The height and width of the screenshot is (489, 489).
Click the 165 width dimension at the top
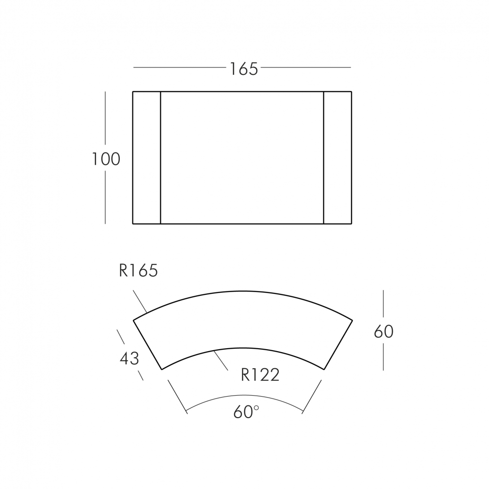[244, 69]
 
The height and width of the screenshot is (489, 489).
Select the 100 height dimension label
[106, 159]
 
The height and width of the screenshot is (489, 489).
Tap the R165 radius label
[138, 270]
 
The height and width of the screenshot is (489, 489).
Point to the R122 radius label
[260, 375]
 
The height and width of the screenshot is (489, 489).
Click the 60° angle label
[246, 412]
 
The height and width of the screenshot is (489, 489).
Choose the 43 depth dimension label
[130, 358]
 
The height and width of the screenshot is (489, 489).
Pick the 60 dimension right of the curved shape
[383, 332]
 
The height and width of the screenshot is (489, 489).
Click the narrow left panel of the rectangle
[147, 157]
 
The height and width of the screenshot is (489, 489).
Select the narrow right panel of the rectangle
[337, 157]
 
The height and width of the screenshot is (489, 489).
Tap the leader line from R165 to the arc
[140, 301]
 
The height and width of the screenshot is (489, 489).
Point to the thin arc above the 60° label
[244, 395]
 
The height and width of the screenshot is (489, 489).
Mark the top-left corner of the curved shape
[134, 320]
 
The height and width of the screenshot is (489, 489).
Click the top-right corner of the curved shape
[352, 320]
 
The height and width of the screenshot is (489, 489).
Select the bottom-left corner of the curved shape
[162, 369]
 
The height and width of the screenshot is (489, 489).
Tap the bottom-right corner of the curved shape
[324, 369]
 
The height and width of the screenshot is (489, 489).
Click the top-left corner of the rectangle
[133, 91]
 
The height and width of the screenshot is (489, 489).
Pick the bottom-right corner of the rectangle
[352, 223]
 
